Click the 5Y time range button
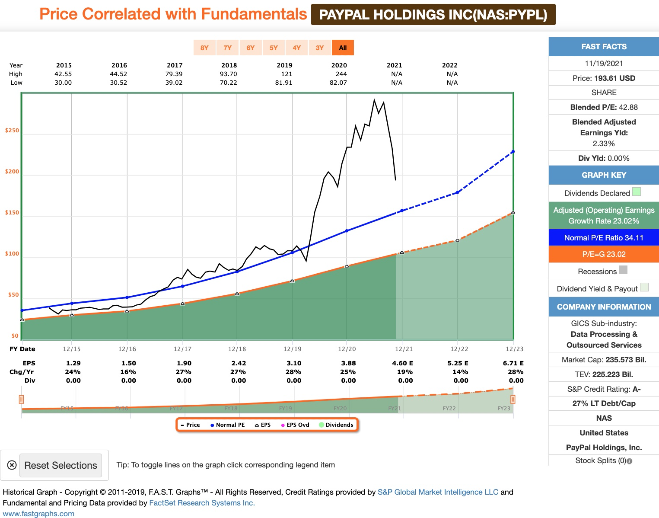(274, 48)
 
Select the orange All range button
(343, 48)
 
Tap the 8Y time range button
(204, 48)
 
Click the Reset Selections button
(60, 465)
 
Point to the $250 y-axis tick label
(12, 131)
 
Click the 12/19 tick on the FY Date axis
(293, 349)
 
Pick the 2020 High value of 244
(341, 74)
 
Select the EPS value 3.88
(348, 363)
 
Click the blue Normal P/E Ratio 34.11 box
(604, 238)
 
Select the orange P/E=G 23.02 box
(604, 254)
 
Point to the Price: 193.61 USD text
(604, 78)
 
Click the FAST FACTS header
(604, 47)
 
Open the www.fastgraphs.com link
(38, 514)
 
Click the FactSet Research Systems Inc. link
(202, 503)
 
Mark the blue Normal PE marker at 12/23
(513, 151)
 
